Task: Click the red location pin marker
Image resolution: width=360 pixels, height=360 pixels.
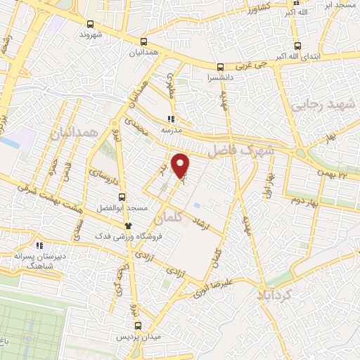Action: [181, 165]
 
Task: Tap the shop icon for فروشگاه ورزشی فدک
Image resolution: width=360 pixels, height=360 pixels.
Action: [128, 225]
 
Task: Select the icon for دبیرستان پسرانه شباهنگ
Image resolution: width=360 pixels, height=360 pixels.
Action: [40, 246]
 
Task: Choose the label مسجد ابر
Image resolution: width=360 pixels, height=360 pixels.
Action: [338, 5]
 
